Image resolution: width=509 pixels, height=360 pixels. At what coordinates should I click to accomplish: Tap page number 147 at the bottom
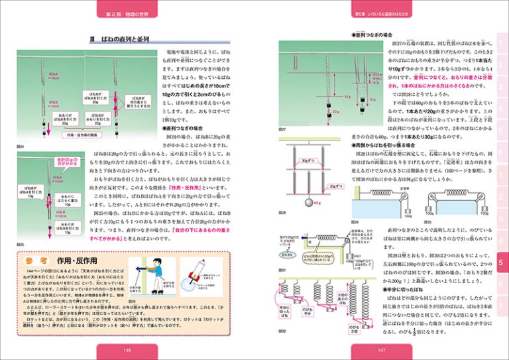click(381, 351)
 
